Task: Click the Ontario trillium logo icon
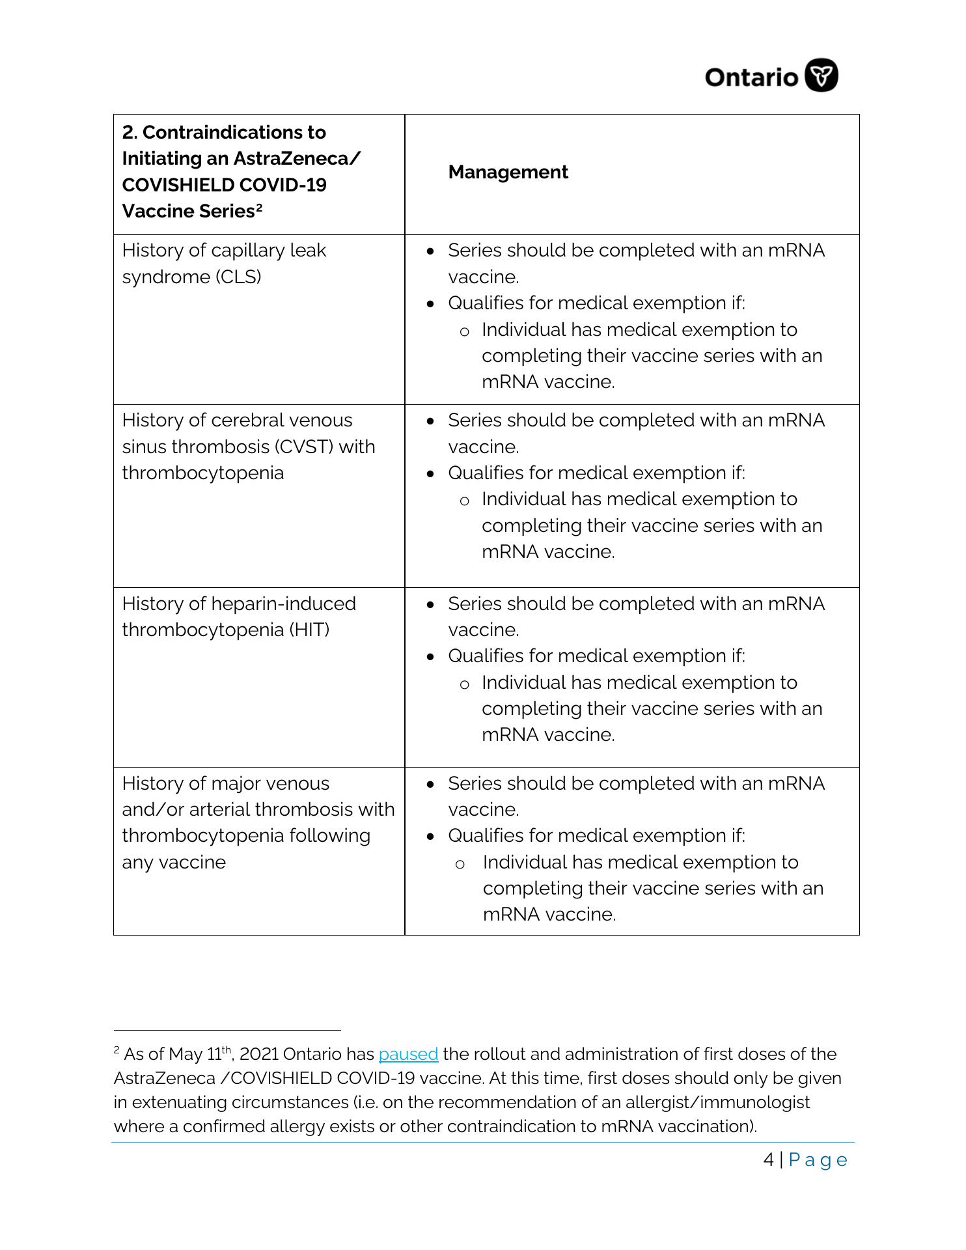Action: [821, 76]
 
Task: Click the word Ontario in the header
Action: [751, 77]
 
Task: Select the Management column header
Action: [508, 172]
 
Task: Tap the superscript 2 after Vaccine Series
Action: [258, 208]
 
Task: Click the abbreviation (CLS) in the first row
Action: [238, 277]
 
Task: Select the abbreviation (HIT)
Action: [309, 630]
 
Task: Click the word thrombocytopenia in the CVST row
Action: [202, 473]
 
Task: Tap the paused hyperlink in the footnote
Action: [408, 1054]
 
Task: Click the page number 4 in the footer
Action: [769, 1160]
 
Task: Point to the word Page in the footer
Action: [818, 1160]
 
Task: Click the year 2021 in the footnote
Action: [259, 1054]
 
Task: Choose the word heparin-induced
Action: [284, 604]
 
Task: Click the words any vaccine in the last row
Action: [174, 862]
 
